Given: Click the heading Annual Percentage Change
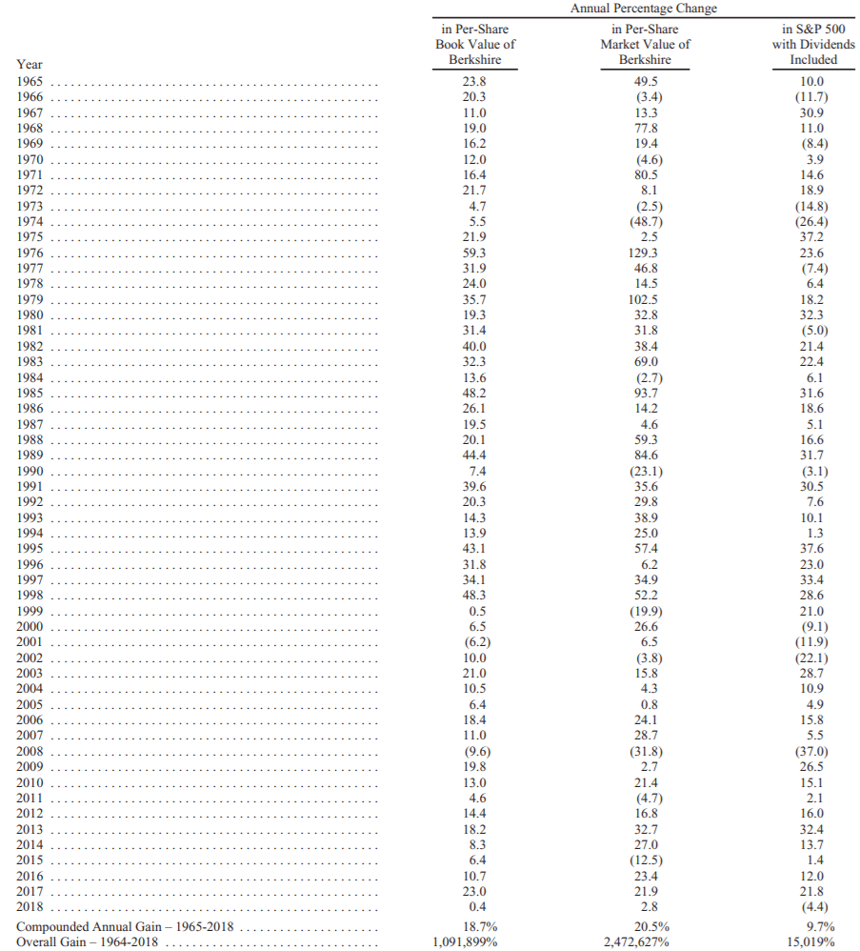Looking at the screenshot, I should click(x=645, y=9).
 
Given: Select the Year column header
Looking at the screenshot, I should click(x=30, y=65).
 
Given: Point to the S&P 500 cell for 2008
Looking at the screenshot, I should click(x=813, y=751).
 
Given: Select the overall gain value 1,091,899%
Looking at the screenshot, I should click(x=473, y=941).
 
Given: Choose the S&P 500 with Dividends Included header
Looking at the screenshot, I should click(x=813, y=44).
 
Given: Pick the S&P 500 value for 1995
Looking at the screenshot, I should click(x=813, y=549).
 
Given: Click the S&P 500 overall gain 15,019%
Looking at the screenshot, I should click(x=813, y=941).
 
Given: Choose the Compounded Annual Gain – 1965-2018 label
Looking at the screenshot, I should click(x=125, y=926).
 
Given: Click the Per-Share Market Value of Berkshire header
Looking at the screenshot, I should click(x=645, y=44).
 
